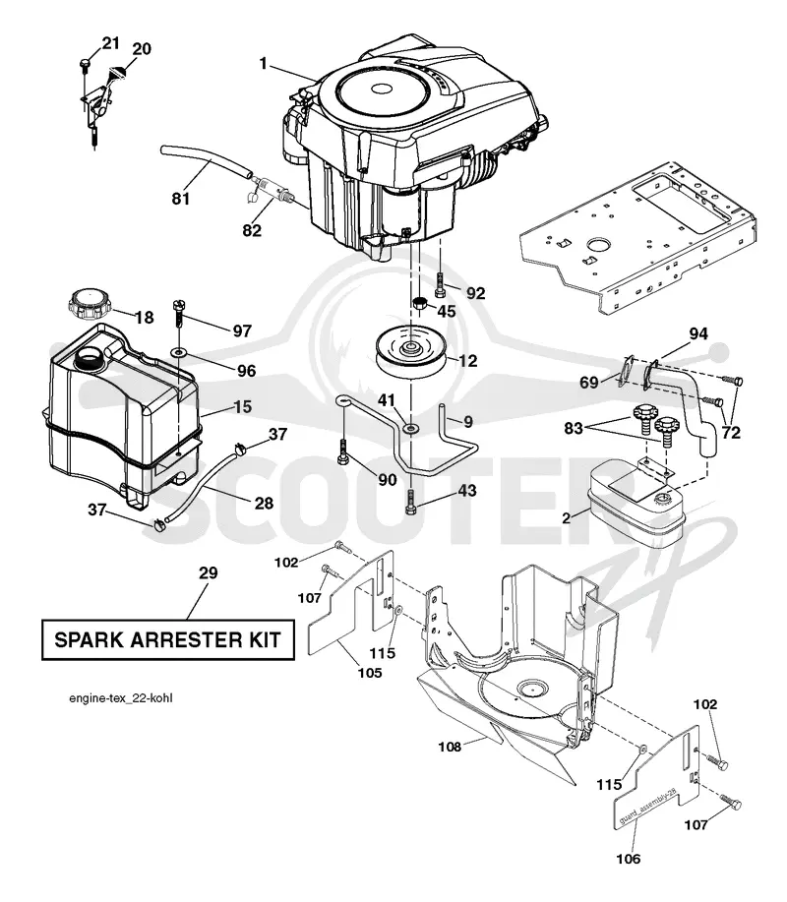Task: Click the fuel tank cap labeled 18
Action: click(90, 305)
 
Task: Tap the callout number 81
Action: click(181, 199)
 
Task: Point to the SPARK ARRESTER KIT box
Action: click(168, 639)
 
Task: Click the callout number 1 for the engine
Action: click(264, 63)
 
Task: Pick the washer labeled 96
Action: click(179, 351)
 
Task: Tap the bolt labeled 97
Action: click(178, 313)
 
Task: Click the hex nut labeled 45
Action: click(420, 303)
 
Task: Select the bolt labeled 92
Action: click(440, 284)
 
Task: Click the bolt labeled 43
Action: click(410, 503)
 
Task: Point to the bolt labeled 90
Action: click(343, 452)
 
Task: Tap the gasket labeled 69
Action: click(626, 370)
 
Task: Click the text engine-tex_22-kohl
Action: click(121, 698)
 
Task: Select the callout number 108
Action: click(450, 747)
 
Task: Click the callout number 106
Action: click(628, 859)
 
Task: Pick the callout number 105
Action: click(369, 673)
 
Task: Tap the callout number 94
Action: click(697, 333)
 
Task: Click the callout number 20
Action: click(142, 49)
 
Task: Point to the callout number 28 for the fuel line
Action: click(264, 504)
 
